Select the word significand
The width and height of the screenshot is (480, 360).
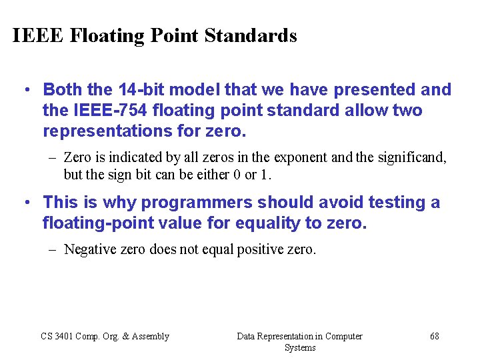click(x=409, y=158)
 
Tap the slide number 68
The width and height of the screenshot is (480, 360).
click(x=435, y=337)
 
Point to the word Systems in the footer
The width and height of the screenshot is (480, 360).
click(x=300, y=348)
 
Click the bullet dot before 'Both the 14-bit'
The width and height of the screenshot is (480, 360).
click(x=25, y=89)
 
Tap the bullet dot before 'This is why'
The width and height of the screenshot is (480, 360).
click(x=25, y=202)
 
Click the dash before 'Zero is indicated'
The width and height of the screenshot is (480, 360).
click(x=53, y=158)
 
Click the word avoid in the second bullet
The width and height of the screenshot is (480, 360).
click(x=367, y=202)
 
